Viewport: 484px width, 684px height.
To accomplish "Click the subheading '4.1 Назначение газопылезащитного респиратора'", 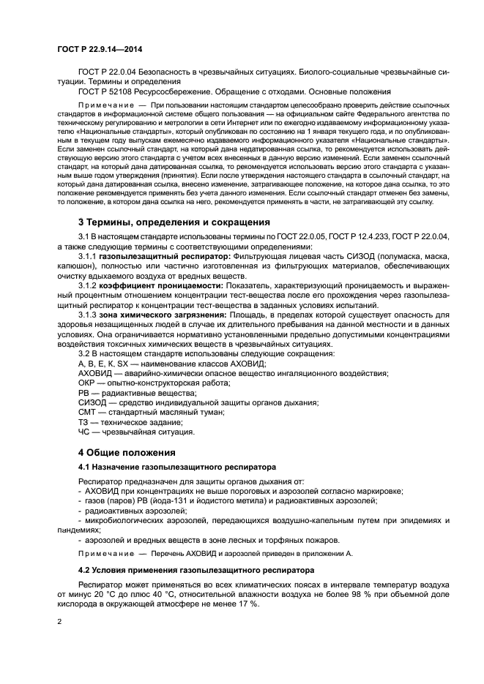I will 176,467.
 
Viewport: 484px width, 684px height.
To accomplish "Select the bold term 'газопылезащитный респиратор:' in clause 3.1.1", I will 164,258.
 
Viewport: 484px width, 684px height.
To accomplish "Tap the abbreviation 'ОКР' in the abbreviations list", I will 87,382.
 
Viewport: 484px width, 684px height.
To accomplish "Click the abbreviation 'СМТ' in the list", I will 87,411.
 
